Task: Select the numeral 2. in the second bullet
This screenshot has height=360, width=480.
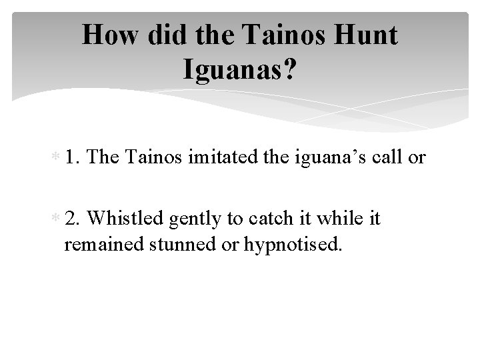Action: (x=73, y=219)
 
